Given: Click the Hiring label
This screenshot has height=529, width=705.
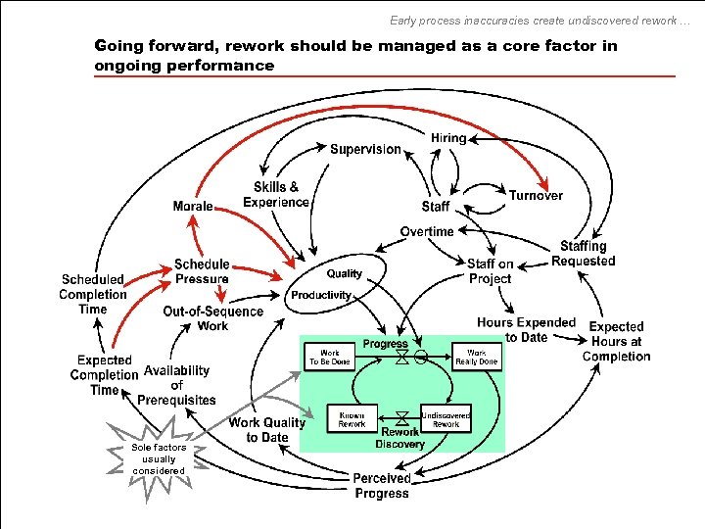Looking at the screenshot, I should [448, 138].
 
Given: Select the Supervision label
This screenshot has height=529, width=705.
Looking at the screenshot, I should [365, 149].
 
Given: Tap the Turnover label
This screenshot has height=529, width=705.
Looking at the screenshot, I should [536, 195].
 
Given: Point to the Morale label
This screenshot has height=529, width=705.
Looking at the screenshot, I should [193, 206].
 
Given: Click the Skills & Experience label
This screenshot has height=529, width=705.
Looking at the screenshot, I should [276, 194].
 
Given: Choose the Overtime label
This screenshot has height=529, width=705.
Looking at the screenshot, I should [427, 231].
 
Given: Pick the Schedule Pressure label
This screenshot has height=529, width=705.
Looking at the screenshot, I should [202, 271].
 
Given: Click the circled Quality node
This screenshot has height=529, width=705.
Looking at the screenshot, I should [344, 273].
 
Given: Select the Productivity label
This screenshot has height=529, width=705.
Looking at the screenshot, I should [320, 295].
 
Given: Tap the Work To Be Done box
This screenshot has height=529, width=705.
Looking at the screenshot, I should [330, 356].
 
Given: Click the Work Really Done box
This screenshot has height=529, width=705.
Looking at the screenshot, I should [476, 356].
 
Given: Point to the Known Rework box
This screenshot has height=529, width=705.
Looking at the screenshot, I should [352, 419].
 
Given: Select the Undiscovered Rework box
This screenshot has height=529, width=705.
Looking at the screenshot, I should [446, 419].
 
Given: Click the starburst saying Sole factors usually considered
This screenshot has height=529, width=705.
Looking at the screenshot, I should [159, 458].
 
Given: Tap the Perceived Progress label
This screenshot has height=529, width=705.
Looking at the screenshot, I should [382, 485].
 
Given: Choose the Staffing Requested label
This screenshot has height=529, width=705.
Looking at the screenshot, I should [584, 253].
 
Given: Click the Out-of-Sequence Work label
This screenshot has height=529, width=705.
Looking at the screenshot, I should [212, 318].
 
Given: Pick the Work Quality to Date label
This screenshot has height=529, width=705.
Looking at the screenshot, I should [267, 430].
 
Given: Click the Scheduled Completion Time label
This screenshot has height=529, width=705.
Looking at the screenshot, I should [93, 294].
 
